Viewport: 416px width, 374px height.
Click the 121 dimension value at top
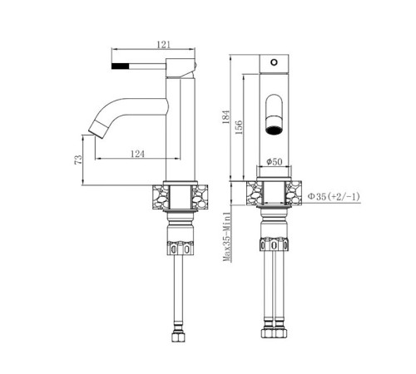(x=164, y=45)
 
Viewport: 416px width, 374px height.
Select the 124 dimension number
(x=137, y=154)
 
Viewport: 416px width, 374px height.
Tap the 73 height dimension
(x=78, y=160)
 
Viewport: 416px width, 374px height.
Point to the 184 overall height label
(x=226, y=117)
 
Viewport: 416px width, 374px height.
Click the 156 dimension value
(x=239, y=127)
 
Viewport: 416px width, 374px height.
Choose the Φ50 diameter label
(x=274, y=161)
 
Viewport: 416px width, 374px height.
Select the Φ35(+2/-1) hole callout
(x=334, y=197)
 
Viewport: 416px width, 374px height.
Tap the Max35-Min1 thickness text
(x=227, y=237)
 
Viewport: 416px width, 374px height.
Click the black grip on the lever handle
(x=121, y=66)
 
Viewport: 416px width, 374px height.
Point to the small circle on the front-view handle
(x=274, y=62)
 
